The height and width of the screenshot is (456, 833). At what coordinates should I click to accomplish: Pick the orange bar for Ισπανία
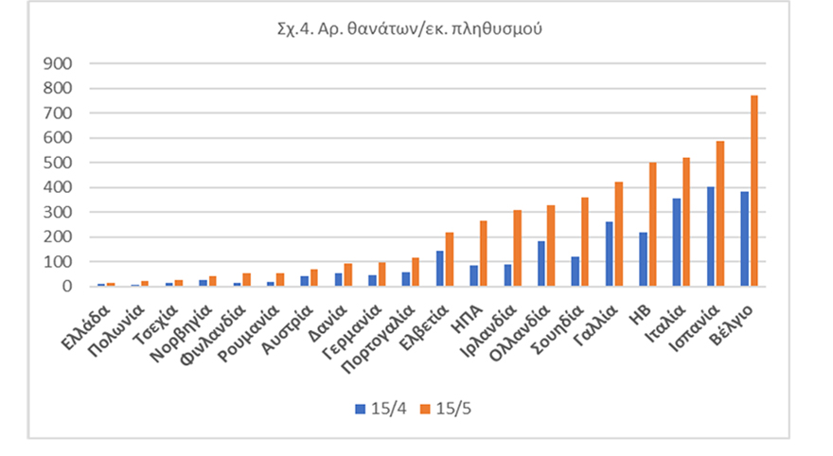(720, 213)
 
